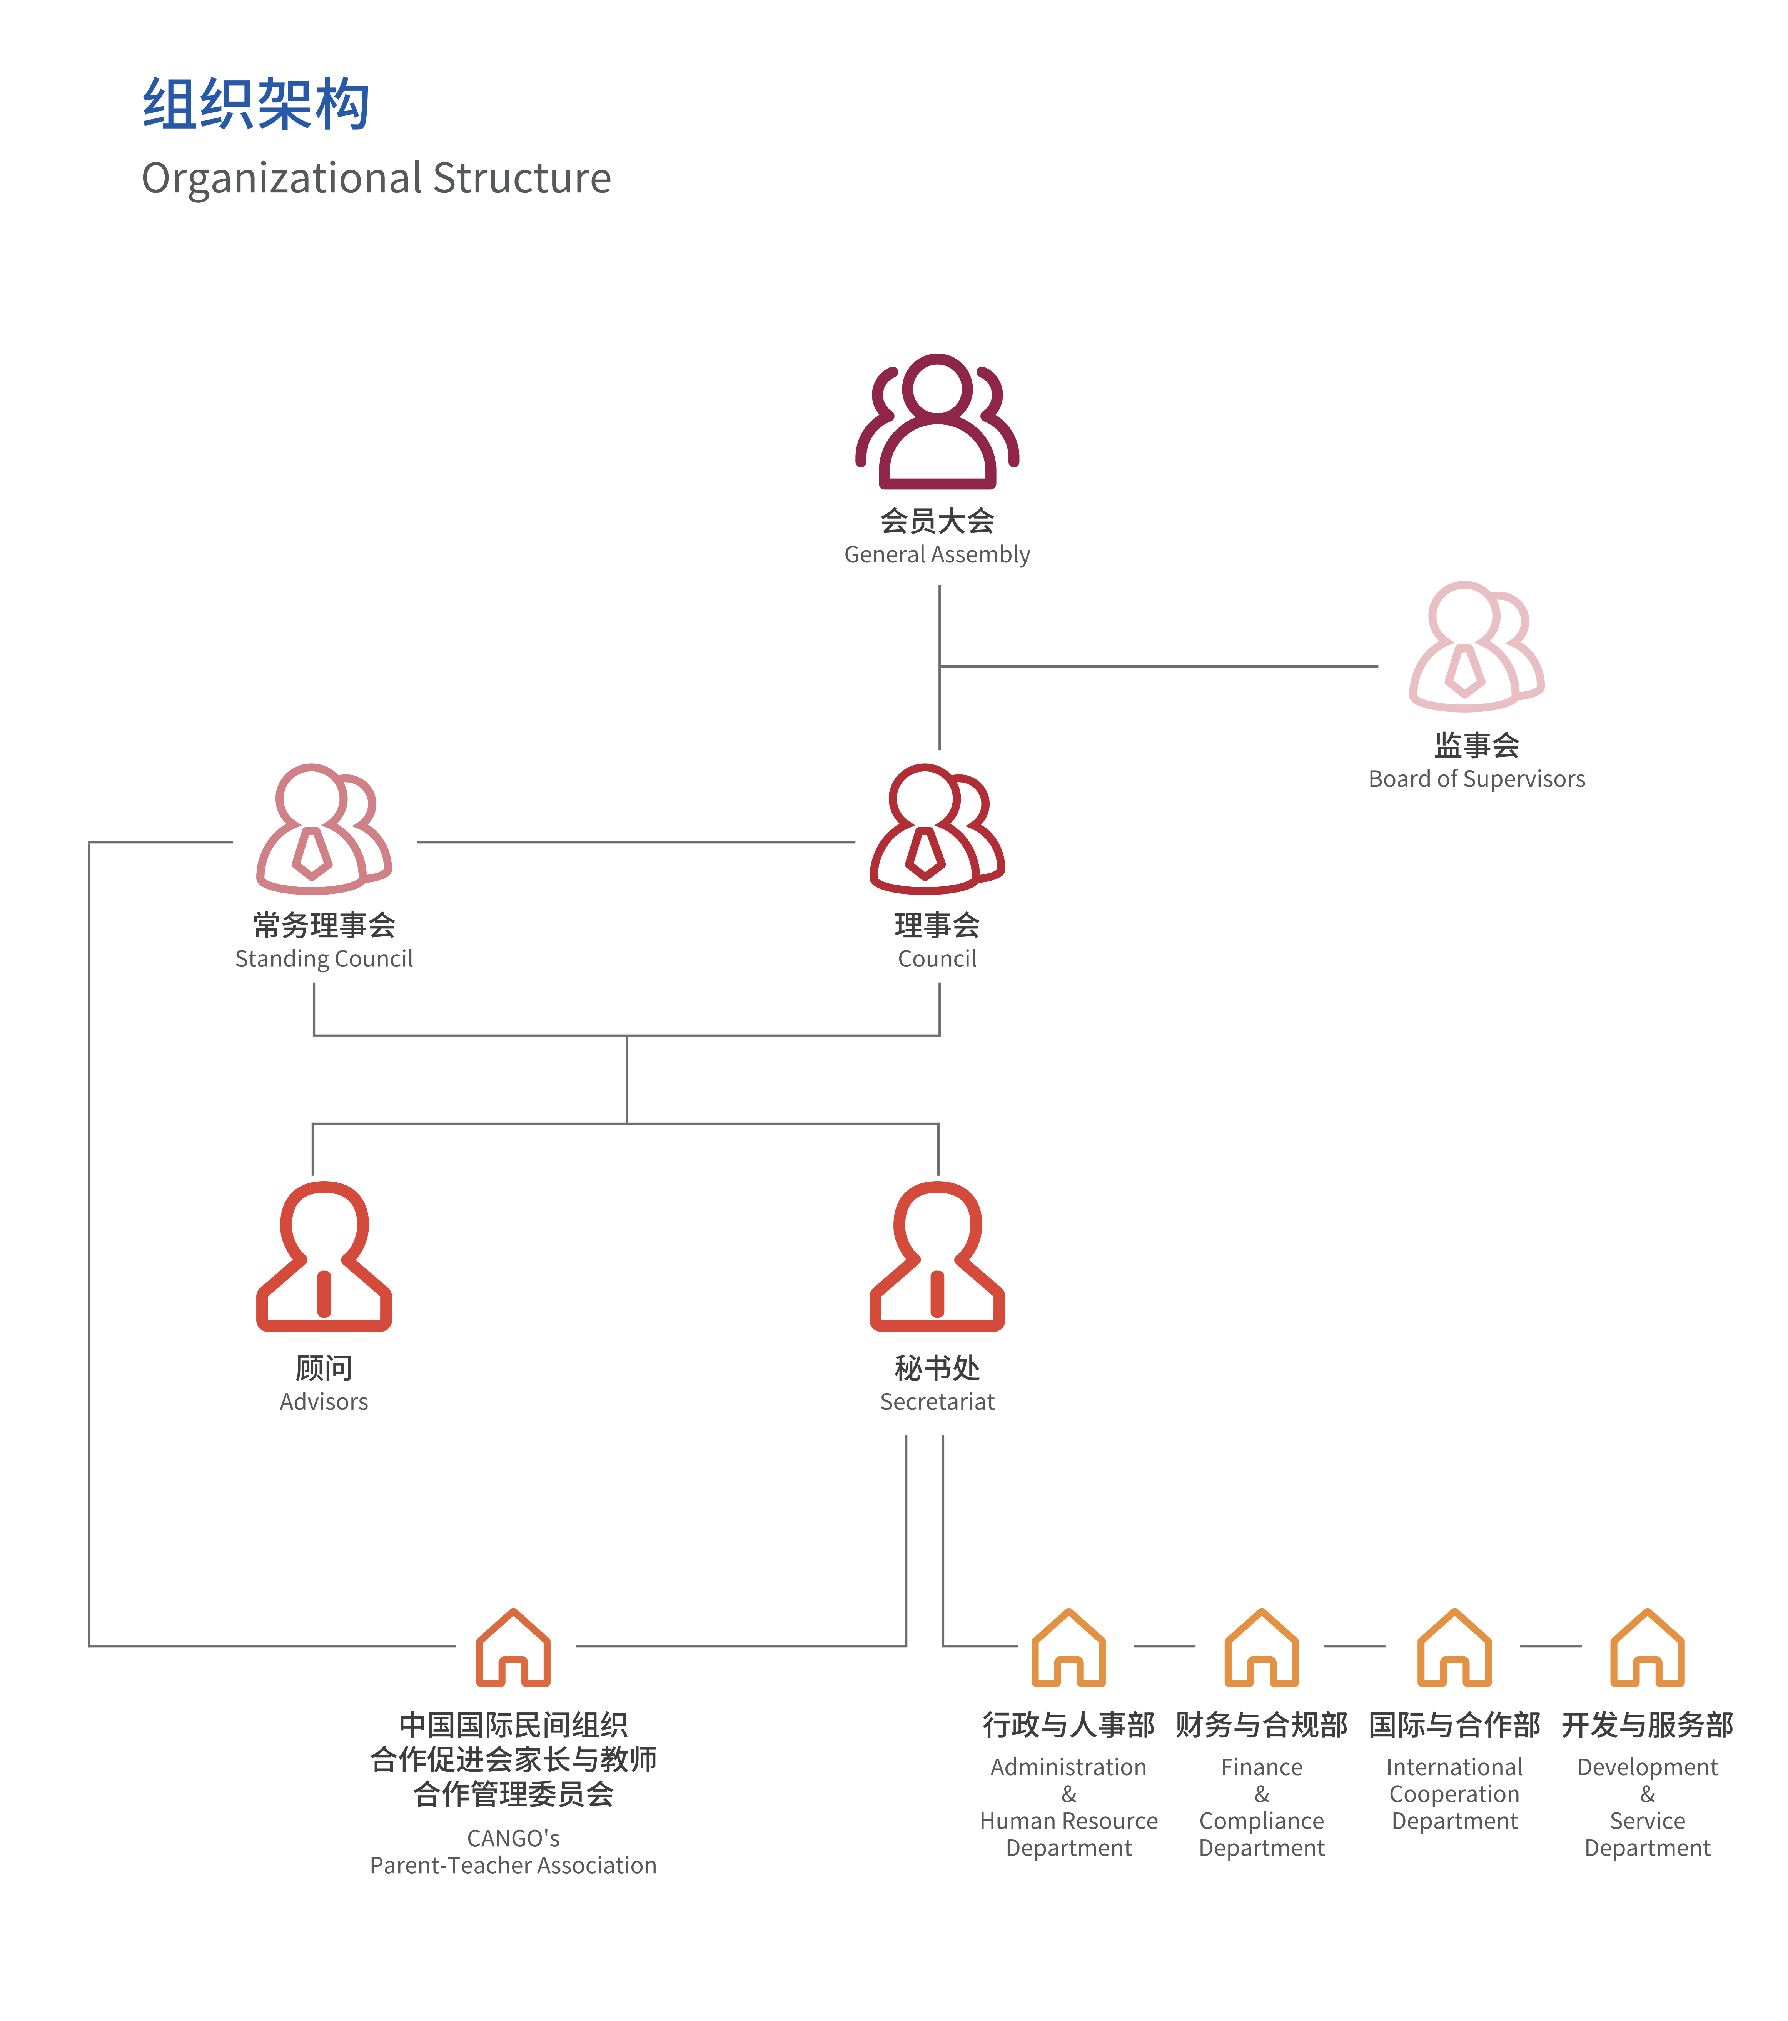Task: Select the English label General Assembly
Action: (937, 555)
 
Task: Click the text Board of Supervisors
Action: (1476, 779)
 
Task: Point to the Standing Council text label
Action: (323, 959)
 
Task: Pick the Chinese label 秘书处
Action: (937, 1368)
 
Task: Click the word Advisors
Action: (323, 1402)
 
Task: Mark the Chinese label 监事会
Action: (1476, 746)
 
